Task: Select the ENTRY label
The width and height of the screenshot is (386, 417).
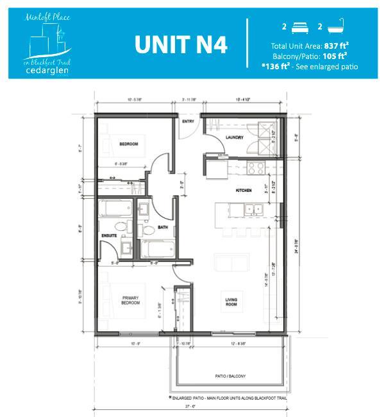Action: (189, 121)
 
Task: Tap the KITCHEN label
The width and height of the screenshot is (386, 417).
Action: (243, 191)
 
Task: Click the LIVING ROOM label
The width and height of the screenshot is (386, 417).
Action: (231, 301)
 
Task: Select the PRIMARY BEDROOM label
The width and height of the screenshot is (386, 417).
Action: (131, 301)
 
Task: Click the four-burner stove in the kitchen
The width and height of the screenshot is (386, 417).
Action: (256, 169)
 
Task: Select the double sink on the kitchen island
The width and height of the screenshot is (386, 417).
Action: (249, 208)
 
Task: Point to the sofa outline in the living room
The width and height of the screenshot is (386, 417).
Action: (231, 262)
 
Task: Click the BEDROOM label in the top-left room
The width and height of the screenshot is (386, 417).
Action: (129, 144)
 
